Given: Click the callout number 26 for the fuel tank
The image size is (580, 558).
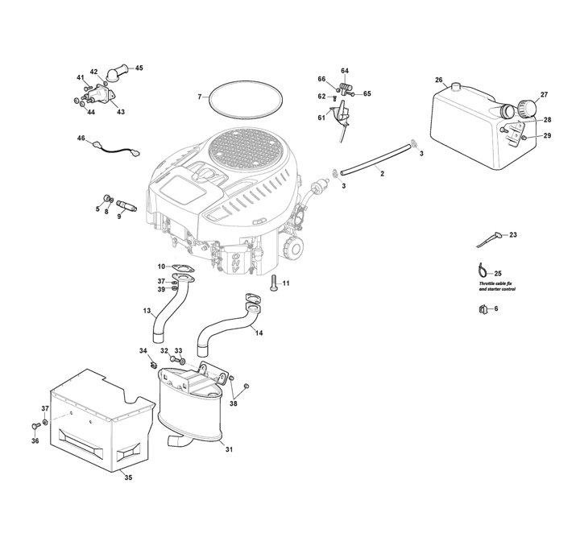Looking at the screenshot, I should (x=439, y=80).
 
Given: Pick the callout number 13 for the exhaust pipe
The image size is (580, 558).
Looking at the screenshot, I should (x=147, y=310).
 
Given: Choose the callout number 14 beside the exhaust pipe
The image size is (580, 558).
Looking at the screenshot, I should (x=259, y=332).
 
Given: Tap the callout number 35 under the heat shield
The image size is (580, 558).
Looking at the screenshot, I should (x=128, y=477).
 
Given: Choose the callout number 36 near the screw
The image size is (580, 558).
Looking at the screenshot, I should (x=35, y=440).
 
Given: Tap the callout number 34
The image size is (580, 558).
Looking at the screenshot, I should (x=143, y=350).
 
